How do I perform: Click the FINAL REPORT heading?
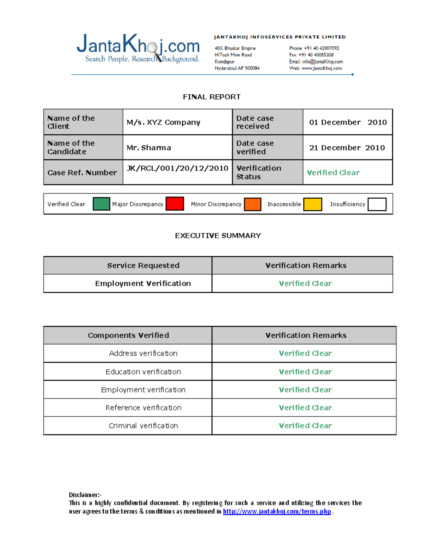[212, 97]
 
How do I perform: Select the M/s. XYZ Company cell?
[163, 122]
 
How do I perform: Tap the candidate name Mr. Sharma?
[149, 148]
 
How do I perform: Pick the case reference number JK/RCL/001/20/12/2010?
[177, 168]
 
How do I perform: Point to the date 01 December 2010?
[348, 122]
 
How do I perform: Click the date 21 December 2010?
[347, 148]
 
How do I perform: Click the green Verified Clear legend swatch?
[101, 204]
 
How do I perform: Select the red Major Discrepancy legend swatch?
[175, 204]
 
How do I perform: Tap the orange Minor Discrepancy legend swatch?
[252, 204]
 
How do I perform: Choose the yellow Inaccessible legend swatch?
[313, 204]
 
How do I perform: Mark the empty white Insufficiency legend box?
[377, 204]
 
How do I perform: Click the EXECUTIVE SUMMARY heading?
[218, 236]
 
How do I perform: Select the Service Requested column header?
[143, 265]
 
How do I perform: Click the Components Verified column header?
[128, 335]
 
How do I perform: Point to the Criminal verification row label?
[143, 426]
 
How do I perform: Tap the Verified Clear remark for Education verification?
[305, 372]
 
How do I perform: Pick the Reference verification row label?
[143, 408]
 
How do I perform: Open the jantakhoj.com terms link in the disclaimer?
[277, 512]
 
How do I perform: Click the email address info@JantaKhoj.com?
[322, 62]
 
